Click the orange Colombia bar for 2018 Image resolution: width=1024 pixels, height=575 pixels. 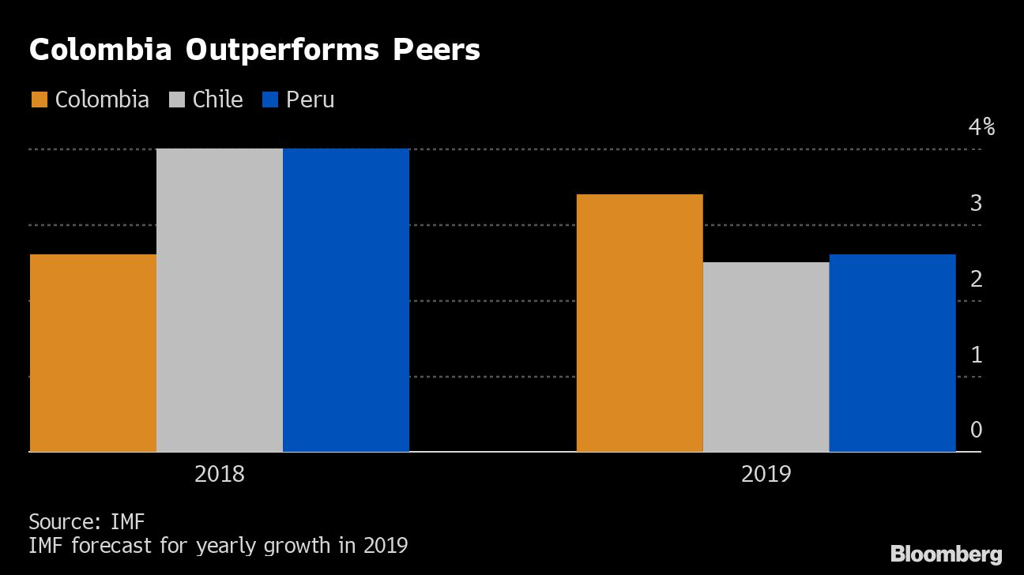click(92, 353)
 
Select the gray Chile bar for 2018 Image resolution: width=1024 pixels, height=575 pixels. click(220, 300)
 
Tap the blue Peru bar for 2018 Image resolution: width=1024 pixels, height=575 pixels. click(346, 300)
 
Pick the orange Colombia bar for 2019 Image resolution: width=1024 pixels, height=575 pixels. click(639, 323)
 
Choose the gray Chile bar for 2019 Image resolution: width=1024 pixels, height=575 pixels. click(766, 357)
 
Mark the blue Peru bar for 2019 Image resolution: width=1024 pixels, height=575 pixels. click(892, 353)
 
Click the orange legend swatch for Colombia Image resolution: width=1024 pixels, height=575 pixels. click(40, 100)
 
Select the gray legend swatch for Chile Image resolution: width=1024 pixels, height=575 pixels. click(177, 100)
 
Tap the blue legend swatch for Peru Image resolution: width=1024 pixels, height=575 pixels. click(270, 100)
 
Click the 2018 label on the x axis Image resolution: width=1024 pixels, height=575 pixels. click(219, 475)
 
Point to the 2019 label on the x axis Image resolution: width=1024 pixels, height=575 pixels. click(766, 475)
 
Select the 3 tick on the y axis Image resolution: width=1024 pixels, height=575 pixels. click(976, 203)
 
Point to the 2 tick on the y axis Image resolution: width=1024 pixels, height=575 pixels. click(976, 279)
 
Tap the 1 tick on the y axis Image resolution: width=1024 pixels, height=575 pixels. click(976, 355)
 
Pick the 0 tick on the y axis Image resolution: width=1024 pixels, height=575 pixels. click(976, 430)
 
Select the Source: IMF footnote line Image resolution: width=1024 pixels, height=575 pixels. click(87, 521)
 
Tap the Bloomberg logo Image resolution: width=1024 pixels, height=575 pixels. click(946, 554)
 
